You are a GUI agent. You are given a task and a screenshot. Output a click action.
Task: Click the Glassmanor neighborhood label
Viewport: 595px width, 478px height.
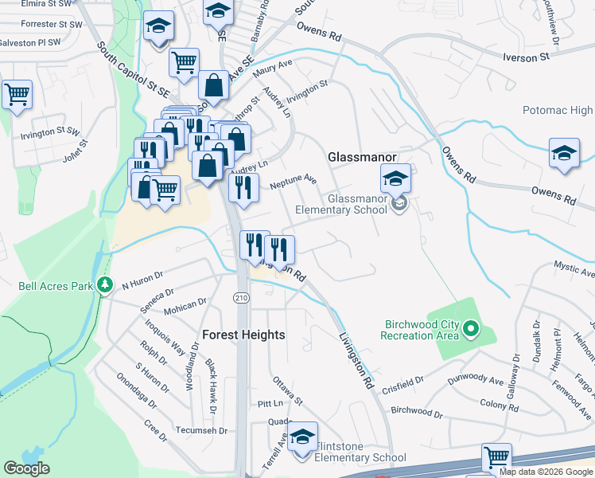pos(357,157)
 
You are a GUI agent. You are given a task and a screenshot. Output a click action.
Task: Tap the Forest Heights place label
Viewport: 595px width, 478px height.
pos(243,335)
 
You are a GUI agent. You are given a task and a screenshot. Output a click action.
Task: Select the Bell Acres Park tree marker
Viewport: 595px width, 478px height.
pos(105,285)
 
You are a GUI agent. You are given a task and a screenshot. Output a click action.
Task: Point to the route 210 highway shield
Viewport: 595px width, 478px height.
pos(240,297)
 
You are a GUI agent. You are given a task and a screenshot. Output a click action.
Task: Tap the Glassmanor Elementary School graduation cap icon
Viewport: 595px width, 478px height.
pos(395,180)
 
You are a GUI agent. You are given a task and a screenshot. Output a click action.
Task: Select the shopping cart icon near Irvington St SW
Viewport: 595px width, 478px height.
pos(17,95)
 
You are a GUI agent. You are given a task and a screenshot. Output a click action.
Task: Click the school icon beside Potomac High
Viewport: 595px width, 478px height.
pos(564,153)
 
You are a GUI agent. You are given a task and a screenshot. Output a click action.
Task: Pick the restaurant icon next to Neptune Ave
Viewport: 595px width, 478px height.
pos(243,187)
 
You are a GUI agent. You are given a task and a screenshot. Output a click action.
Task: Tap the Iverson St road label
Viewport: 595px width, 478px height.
pos(526,57)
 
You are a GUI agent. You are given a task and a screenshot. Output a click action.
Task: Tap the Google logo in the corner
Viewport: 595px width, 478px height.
pos(26,468)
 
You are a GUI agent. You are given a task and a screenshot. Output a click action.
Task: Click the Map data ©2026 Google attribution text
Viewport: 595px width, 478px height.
pos(546,472)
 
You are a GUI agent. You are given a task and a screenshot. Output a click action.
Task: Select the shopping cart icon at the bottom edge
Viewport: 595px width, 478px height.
pos(496,458)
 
